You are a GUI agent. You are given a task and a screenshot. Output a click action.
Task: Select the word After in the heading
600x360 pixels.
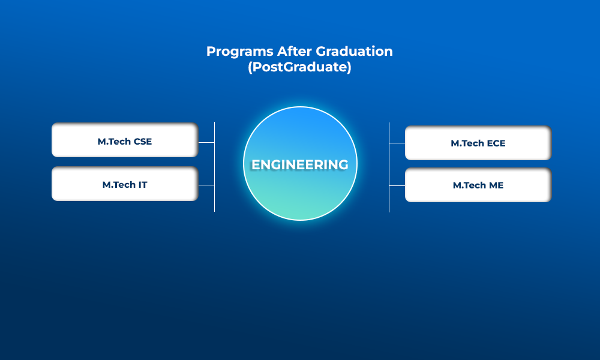point(295,51)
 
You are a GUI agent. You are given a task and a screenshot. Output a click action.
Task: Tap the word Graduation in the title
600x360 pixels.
point(355,51)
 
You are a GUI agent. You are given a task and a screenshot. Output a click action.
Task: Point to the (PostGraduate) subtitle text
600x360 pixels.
point(299,67)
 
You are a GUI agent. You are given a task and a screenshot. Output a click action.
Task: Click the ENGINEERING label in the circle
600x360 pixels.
point(300,165)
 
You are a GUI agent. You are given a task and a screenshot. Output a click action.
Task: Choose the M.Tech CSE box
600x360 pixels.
point(125,140)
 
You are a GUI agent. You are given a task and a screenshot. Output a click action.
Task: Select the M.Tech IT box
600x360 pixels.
point(125,184)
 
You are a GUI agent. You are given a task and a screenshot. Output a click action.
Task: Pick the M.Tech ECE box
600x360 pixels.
point(478,143)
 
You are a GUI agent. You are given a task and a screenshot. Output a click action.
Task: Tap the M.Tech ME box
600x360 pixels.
point(478,185)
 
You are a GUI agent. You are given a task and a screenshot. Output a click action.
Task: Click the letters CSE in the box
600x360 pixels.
point(143,142)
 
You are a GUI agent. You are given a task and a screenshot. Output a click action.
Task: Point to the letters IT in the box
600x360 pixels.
point(143,185)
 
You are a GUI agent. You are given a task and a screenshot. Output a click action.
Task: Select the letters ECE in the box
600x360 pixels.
point(496,143)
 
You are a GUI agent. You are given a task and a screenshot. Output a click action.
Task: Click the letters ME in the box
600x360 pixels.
point(496,185)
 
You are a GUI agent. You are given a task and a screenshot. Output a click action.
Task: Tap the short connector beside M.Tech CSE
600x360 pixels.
point(206,142)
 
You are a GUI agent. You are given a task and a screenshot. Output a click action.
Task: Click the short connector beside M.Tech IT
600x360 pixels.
point(206,185)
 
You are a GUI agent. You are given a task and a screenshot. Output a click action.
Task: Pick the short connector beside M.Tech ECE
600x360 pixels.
point(397,143)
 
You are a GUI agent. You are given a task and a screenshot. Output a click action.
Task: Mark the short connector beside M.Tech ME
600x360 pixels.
point(397,185)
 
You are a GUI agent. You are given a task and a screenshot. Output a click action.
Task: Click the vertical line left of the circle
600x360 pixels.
point(215,167)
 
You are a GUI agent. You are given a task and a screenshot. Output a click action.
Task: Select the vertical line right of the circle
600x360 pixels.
point(389,167)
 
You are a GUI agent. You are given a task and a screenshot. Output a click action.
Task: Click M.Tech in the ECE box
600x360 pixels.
point(467,143)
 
